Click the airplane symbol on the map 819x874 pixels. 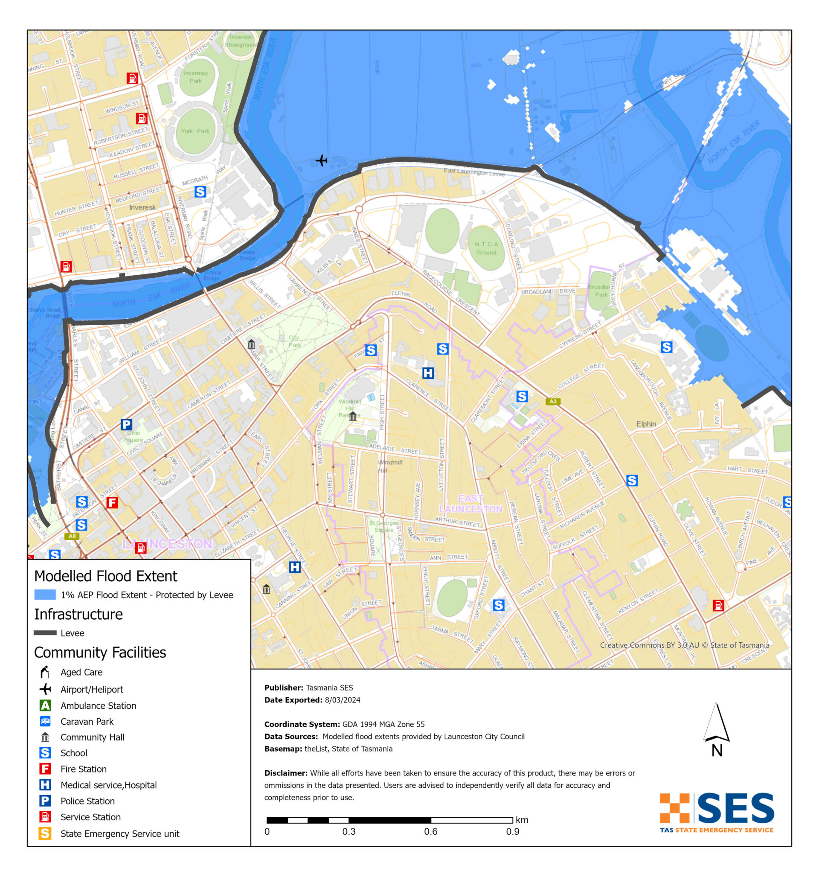click(x=322, y=160)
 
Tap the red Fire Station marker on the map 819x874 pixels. click(x=112, y=502)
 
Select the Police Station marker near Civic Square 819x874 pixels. click(x=127, y=424)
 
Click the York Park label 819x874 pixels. click(x=195, y=131)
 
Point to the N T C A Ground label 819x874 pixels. click(x=486, y=248)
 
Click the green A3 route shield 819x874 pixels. click(x=553, y=402)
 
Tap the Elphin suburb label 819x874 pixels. click(x=646, y=424)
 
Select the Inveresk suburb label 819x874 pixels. click(x=142, y=207)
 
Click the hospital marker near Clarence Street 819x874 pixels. click(x=428, y=373)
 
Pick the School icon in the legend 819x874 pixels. click(x=45, y=753)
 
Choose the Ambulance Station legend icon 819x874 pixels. click(x=45, y=705)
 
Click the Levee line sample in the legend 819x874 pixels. click(x=45, y=633)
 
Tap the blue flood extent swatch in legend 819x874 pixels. click(x=45, y=595)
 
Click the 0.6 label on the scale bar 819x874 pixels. click(x=430, y=832)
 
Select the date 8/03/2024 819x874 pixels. click(x=342, y=700)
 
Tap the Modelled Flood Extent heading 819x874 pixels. click(x=105, y=576)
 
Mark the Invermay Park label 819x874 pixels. click(x=195, y=77)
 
